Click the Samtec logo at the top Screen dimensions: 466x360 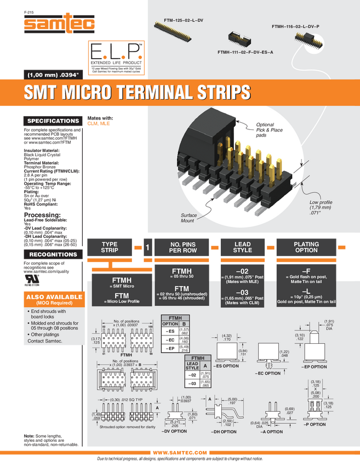pos(59,23)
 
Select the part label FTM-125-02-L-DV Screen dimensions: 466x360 pos(184,20)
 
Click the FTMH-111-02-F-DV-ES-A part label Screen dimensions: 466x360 pos(245,52)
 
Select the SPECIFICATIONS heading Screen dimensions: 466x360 pos(53,121)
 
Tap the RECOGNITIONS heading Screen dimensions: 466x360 pos(53,254)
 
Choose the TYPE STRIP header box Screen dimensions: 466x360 pos(110,247)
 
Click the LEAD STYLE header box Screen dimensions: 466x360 pos(242,247)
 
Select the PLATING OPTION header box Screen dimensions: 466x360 pos(306,247)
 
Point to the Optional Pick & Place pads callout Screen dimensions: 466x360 pos(268,130)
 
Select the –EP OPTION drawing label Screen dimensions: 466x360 pos(314,367)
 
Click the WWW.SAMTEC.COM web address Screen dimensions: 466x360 pos(180,452)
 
